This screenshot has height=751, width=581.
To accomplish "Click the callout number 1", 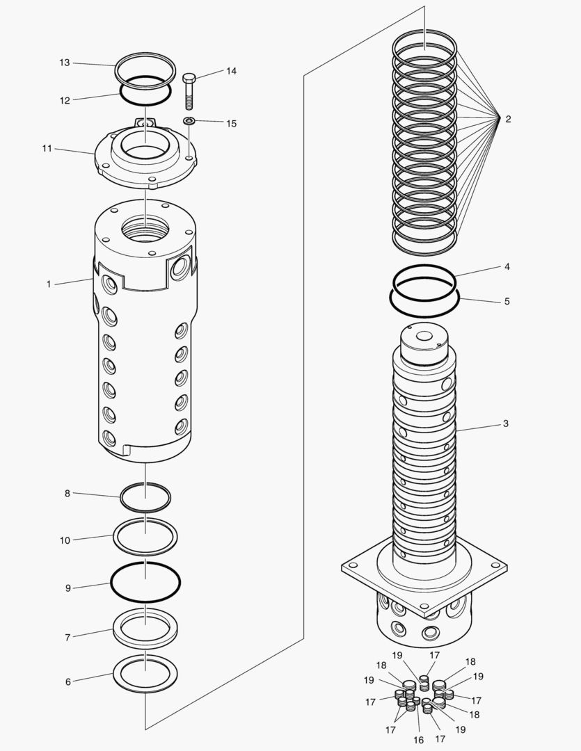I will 49,284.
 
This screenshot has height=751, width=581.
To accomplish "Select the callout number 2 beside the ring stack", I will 508,119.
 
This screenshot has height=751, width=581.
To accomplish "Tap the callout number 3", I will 506,423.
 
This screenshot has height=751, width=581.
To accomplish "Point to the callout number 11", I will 47,148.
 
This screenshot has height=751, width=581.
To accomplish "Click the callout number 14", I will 231,71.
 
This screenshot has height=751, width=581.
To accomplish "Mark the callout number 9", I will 68,588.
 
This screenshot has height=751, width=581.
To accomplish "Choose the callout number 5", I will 507,301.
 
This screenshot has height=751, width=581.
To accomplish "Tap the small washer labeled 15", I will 189,121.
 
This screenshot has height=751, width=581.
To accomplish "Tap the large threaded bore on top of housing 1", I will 145,227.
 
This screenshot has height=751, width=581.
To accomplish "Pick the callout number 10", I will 65,540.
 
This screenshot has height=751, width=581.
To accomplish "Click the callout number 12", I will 65,100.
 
